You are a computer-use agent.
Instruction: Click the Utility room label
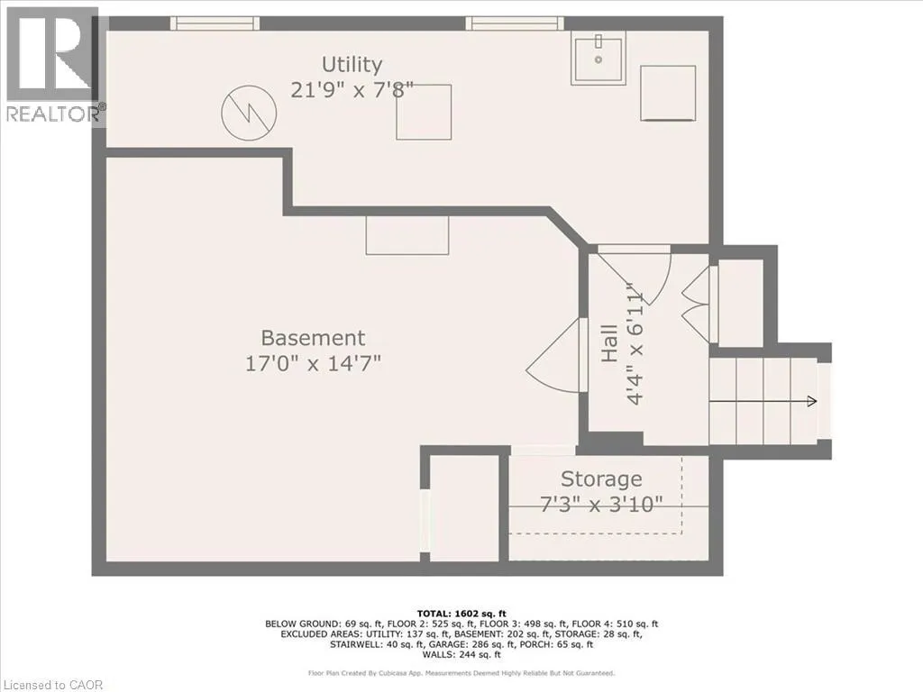(352, 64)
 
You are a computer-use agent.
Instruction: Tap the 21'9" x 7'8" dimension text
(352, 90)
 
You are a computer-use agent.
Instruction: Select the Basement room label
(313, 338)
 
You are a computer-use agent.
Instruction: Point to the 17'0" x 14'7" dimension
(313, 363)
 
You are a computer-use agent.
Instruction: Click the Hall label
(609, 343)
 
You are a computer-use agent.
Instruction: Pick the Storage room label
(601, 479)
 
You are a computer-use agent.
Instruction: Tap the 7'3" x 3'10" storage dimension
(601, 504)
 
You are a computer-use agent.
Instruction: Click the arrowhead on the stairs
(812, 401)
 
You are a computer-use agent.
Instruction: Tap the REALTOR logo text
(54, 114)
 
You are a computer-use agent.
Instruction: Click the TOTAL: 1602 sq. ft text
(461, 614)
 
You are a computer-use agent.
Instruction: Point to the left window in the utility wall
(215, 23)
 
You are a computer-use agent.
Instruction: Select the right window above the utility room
(515, 23)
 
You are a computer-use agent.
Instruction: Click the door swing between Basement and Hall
(554, 355)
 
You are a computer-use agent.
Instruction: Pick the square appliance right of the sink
(668, 93)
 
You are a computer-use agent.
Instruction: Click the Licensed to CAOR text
(53, 685)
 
